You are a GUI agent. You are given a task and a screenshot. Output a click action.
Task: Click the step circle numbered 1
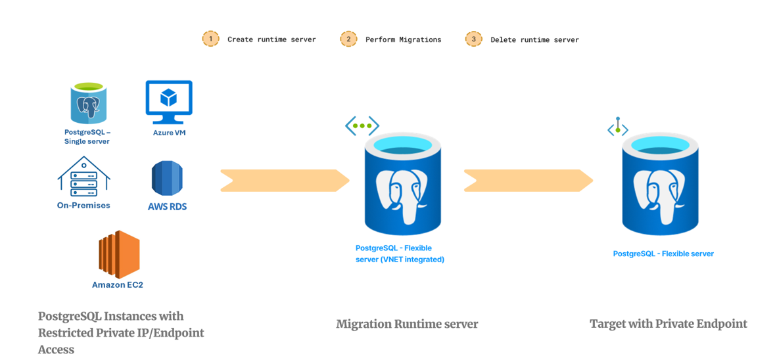point(210,39)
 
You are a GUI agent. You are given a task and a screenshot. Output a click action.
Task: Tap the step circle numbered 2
point(348,39)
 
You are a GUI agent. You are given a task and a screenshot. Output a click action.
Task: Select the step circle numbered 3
point(473,39)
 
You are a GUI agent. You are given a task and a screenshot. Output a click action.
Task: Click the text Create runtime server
point(271,39)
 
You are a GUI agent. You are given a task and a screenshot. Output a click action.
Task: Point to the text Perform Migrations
point(403,39)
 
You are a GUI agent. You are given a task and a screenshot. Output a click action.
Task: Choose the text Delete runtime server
point(534,39)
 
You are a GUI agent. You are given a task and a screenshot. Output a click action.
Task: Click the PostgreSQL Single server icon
point(88,103)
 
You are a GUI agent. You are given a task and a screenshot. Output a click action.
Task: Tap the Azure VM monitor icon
point(169,102)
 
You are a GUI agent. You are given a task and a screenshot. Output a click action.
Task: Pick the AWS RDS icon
point(167,178)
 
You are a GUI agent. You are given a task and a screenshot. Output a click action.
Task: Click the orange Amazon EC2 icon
point(119,254)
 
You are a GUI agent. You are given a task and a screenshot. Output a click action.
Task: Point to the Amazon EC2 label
point(118,284)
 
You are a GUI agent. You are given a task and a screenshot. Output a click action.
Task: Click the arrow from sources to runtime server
point(285,181)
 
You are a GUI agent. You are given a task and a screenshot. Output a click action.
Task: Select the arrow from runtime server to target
point(528,181)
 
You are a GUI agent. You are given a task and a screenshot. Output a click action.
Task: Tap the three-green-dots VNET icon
point(362,125)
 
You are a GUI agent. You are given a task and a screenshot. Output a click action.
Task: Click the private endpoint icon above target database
point(617,127)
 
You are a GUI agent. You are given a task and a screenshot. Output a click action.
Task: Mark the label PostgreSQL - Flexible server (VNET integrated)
point(400,254)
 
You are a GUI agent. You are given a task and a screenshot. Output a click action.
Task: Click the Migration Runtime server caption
point(407,324)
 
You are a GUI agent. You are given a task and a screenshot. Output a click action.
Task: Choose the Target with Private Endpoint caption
point(668,324)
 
